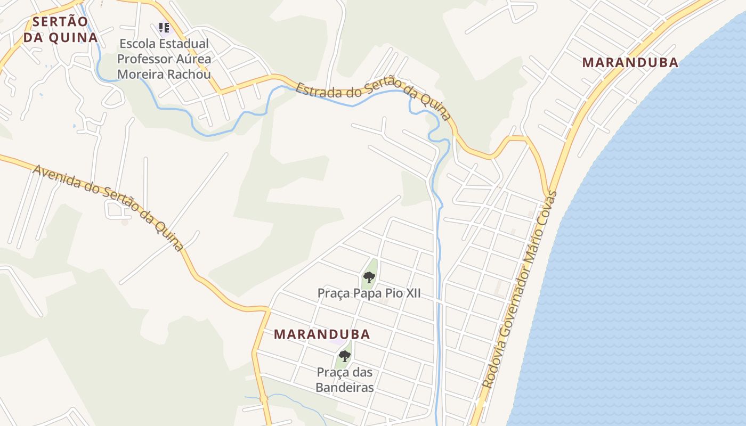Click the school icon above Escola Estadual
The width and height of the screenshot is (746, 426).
coord(164,27)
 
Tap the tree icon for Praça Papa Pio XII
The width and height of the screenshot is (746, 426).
coord(369,277)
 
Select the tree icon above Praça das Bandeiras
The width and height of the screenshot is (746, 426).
coord(345,356)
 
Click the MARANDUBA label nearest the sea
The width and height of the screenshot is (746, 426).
coord(630,62)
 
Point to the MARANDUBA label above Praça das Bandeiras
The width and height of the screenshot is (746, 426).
coord(322,334)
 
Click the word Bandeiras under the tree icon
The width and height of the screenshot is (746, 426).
coord(345,387)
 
